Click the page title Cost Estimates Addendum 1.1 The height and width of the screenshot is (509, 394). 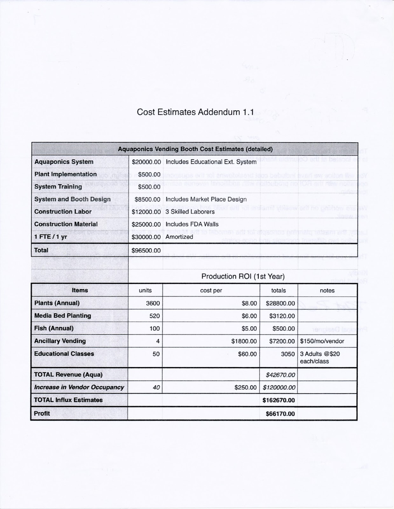click(195, 112)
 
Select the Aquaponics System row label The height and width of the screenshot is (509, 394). click(64, 162)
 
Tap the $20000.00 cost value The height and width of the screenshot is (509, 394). click(146, 162)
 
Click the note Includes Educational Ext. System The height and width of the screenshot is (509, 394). click(211, 162)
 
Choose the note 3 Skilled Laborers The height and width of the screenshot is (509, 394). click(190, 212)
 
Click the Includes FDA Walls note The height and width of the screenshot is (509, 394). click(192, 224)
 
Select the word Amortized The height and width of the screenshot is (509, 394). click(179, 237)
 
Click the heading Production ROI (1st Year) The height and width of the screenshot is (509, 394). click(243, 276)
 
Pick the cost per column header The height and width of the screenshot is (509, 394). click(211, 290)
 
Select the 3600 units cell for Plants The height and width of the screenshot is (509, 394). click(153, 303)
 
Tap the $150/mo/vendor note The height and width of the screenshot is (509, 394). click(322, 341)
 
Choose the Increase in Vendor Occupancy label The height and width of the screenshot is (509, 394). click(79, 387)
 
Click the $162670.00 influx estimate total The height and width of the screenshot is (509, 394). click(279, 400)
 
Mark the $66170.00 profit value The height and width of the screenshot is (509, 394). click(280, 414)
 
